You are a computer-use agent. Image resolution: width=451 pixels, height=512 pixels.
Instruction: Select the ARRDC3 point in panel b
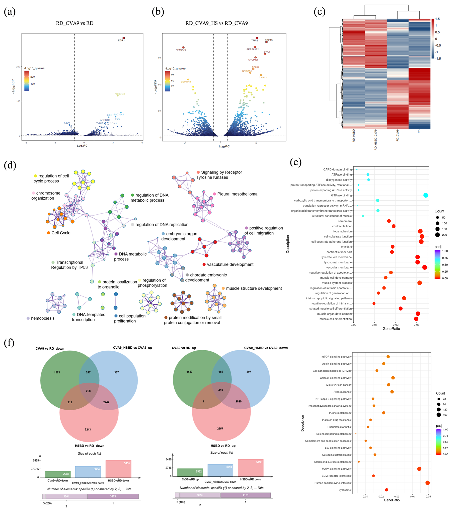tap(183, 47)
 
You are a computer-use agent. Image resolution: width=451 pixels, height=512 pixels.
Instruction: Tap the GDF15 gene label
tap(269, 40)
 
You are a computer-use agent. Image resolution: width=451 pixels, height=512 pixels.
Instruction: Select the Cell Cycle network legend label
tap(61, 233)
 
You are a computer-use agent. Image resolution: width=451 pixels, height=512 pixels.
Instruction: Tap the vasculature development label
tap(230, 265)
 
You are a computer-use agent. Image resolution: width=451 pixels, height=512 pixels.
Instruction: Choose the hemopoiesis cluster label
tap(43, 318)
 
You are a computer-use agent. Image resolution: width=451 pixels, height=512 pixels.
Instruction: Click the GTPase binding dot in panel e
tap(426, 195)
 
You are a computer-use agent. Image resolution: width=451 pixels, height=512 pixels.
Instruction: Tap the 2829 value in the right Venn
tap(238, 401)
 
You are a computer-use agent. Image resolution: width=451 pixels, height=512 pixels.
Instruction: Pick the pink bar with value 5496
tap(250, 468)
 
